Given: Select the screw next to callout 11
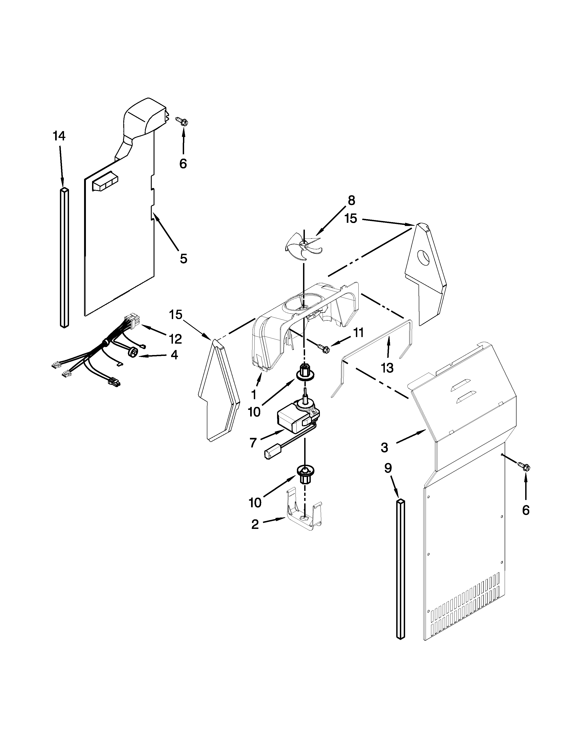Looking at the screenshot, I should [324, 349].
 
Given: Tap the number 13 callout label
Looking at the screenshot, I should [387, 368].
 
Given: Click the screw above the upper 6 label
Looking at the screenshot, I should [183, 121].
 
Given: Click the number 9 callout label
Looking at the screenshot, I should [388, 468].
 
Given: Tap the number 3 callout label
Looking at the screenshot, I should [384, 447].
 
